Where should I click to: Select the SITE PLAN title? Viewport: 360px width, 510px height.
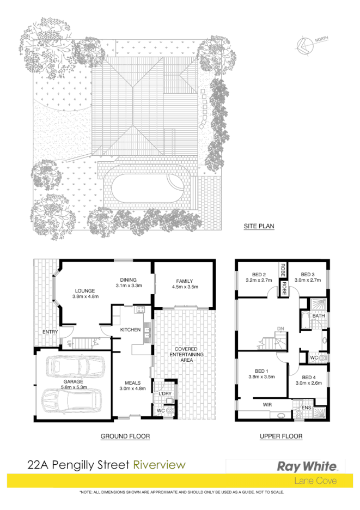[258, 225]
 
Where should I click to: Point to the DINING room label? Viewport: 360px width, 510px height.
[129, 279]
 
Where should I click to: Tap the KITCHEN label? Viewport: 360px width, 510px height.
[130, 330]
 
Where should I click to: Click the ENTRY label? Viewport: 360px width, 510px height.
[50, 331]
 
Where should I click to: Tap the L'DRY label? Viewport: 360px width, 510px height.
[165, 393]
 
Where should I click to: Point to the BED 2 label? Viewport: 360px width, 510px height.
[258, 274]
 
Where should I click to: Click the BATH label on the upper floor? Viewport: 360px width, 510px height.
[319, 315]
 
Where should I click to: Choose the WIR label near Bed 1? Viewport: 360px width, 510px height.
[267, 405]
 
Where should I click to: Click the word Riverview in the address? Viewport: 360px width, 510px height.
[160, 465]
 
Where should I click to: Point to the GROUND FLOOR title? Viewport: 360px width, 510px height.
[125, 436]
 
